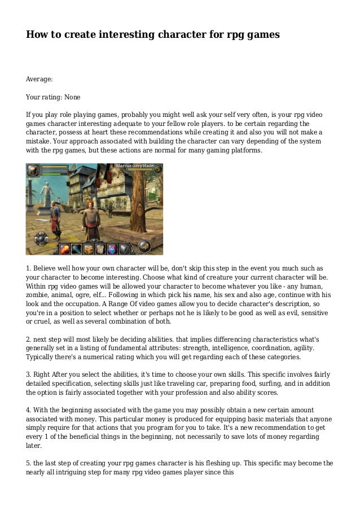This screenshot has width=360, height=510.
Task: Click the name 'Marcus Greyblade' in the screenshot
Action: coord(135,166)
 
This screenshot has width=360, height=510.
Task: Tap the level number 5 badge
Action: coord(158,168)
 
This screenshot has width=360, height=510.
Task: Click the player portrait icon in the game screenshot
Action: coord(33,170)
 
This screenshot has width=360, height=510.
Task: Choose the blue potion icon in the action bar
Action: coord(112,248)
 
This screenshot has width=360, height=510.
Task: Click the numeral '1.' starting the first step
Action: coord(29,268)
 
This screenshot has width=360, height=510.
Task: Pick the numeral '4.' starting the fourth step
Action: coord(29,409)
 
